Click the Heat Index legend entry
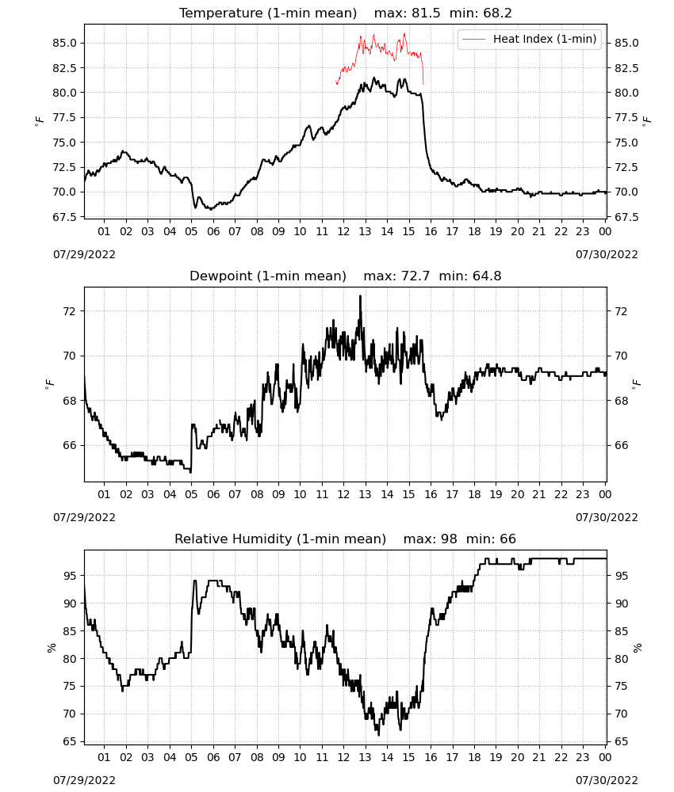tap(530, 39)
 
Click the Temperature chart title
tap(268, 13)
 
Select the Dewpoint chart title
tap(268, 276)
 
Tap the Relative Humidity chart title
tap(280, 539)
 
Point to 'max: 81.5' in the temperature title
tap(407, 13)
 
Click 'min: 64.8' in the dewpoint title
tap(470, 276)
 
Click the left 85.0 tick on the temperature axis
tap(65, 43)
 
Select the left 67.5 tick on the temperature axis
tap(65, 217)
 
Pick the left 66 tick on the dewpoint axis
tap(69, 445)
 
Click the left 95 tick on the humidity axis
tap(69, 575)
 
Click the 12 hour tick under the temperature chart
tap(343, 231)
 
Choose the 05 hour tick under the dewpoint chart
tap(191, 494)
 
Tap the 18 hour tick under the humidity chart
tap(474, 757)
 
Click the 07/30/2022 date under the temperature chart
tap(607, 254)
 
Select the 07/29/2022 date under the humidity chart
tap(84, 780)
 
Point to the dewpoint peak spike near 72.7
tap(361, 296)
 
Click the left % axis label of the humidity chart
tap(51, 648)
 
